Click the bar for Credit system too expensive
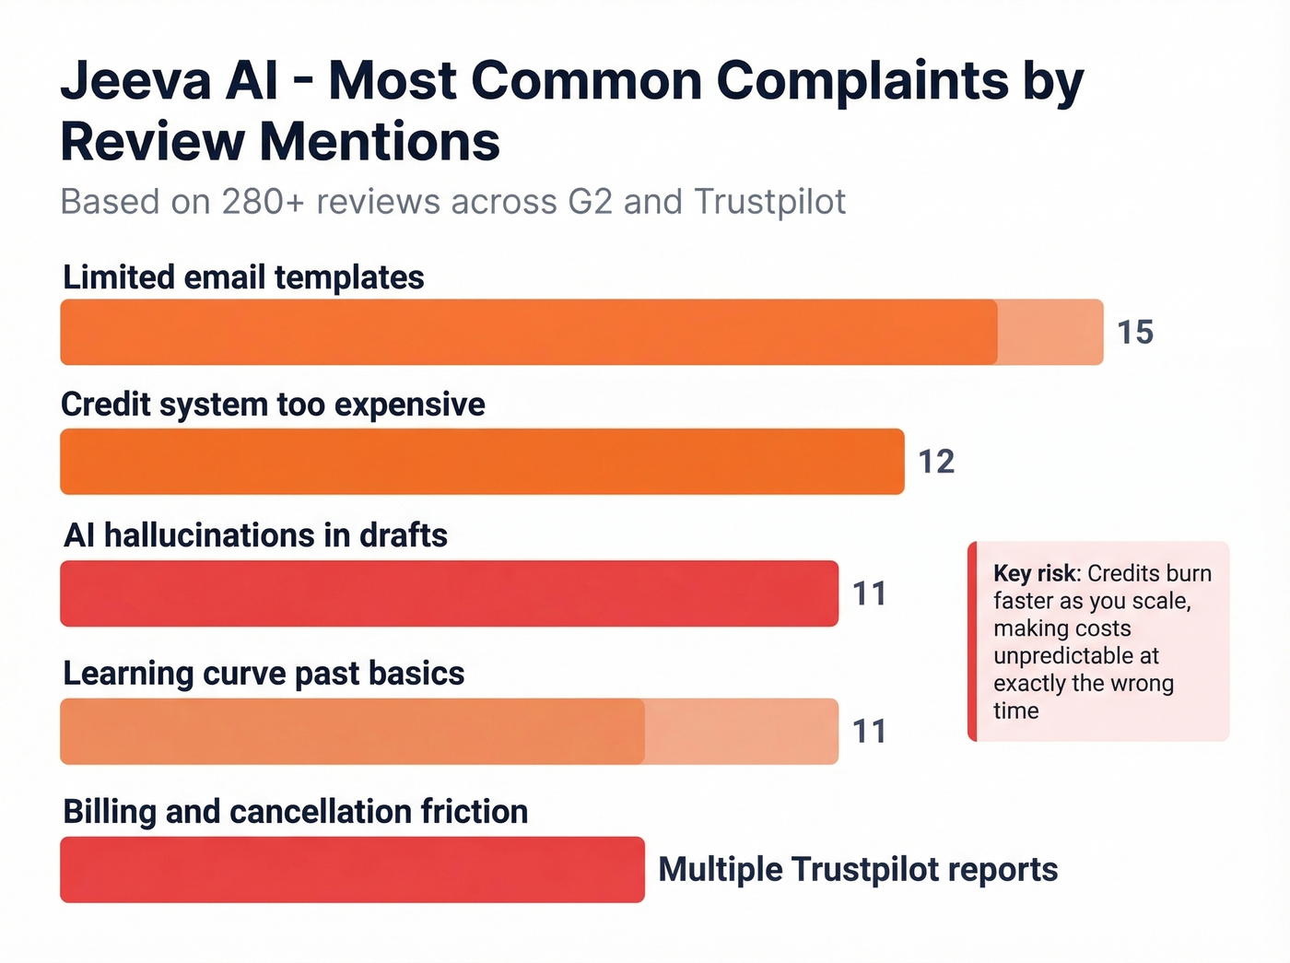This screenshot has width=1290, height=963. (x=482, y=462)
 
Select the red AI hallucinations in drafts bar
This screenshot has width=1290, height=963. (x=449, y=593)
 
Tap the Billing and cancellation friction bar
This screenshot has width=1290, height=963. (x=352, y=870)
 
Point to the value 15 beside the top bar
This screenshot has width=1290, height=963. (x=1135, y=333)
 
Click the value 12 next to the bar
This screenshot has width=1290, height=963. (x=936, y=462)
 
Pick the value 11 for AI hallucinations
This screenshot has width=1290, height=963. (x=869, y=594)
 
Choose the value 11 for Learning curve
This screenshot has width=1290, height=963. (x=869, y=732)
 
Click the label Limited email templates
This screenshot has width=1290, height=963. (x=243, y=277)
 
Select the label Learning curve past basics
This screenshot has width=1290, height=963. (x=264, y=674)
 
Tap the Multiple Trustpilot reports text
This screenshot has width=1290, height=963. (x=858, y=870)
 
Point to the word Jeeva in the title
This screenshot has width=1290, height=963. (x=136, y=81)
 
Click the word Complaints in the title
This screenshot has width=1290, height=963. (x=862, y=81)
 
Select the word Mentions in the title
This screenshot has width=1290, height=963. (x=380, y=143)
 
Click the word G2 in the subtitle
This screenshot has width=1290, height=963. (x=590, y=202)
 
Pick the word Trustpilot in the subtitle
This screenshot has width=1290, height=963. (x=769, y=202)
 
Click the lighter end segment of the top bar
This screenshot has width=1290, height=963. (x=1050, y=333)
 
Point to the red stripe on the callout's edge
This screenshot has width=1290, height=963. (x=972, y=641)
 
